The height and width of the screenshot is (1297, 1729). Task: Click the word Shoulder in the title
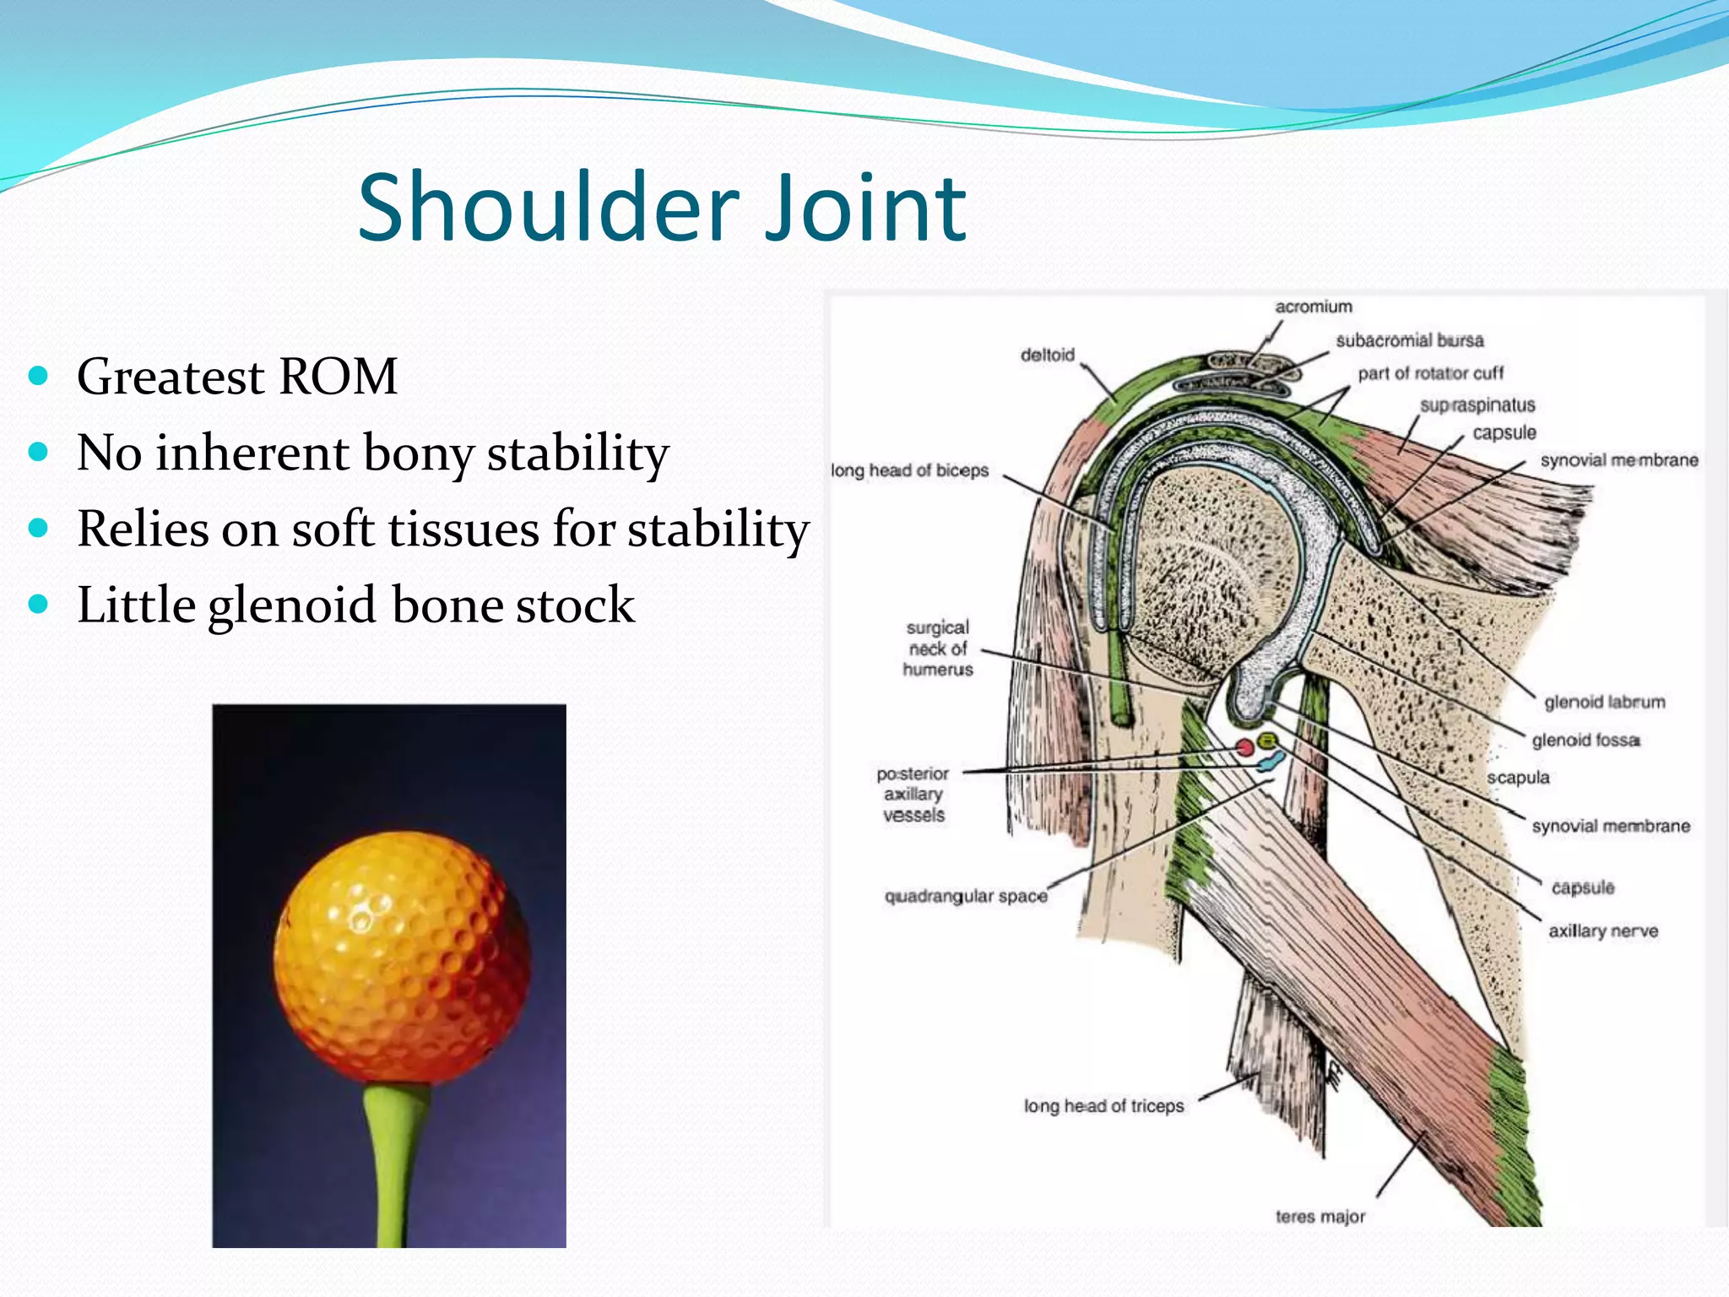[x=549, y=208]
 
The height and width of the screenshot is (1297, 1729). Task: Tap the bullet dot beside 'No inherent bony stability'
[x=38, y=452]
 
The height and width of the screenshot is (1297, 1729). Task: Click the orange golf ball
[x=403, y=954]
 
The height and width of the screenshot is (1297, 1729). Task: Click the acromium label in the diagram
[x=1313, y=307]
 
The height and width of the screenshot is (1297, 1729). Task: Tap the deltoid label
[x=1047, y=355]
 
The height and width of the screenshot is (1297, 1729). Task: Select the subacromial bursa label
[x=1409, y=340]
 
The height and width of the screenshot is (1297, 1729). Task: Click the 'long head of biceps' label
[x=909, y=470]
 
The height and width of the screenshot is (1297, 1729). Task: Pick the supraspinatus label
[x=1477, y=405]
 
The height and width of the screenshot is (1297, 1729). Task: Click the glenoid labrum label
[x=1604, y=702]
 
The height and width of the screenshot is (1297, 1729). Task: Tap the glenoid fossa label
[x=1585, y=740]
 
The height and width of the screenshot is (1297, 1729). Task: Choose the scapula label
[x=1518, y=778]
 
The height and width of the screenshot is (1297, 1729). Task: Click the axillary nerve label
[x=1602, y=931]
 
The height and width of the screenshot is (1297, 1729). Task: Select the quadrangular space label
[x=965, y=896]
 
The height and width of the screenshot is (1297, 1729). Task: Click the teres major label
[x=1320, y=1216]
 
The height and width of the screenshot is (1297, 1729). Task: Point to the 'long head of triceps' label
[x=1103, y=1105]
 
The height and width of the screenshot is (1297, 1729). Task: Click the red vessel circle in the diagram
[x=1244, y=747]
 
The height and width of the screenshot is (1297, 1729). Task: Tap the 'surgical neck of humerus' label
[x=937, y=648]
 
